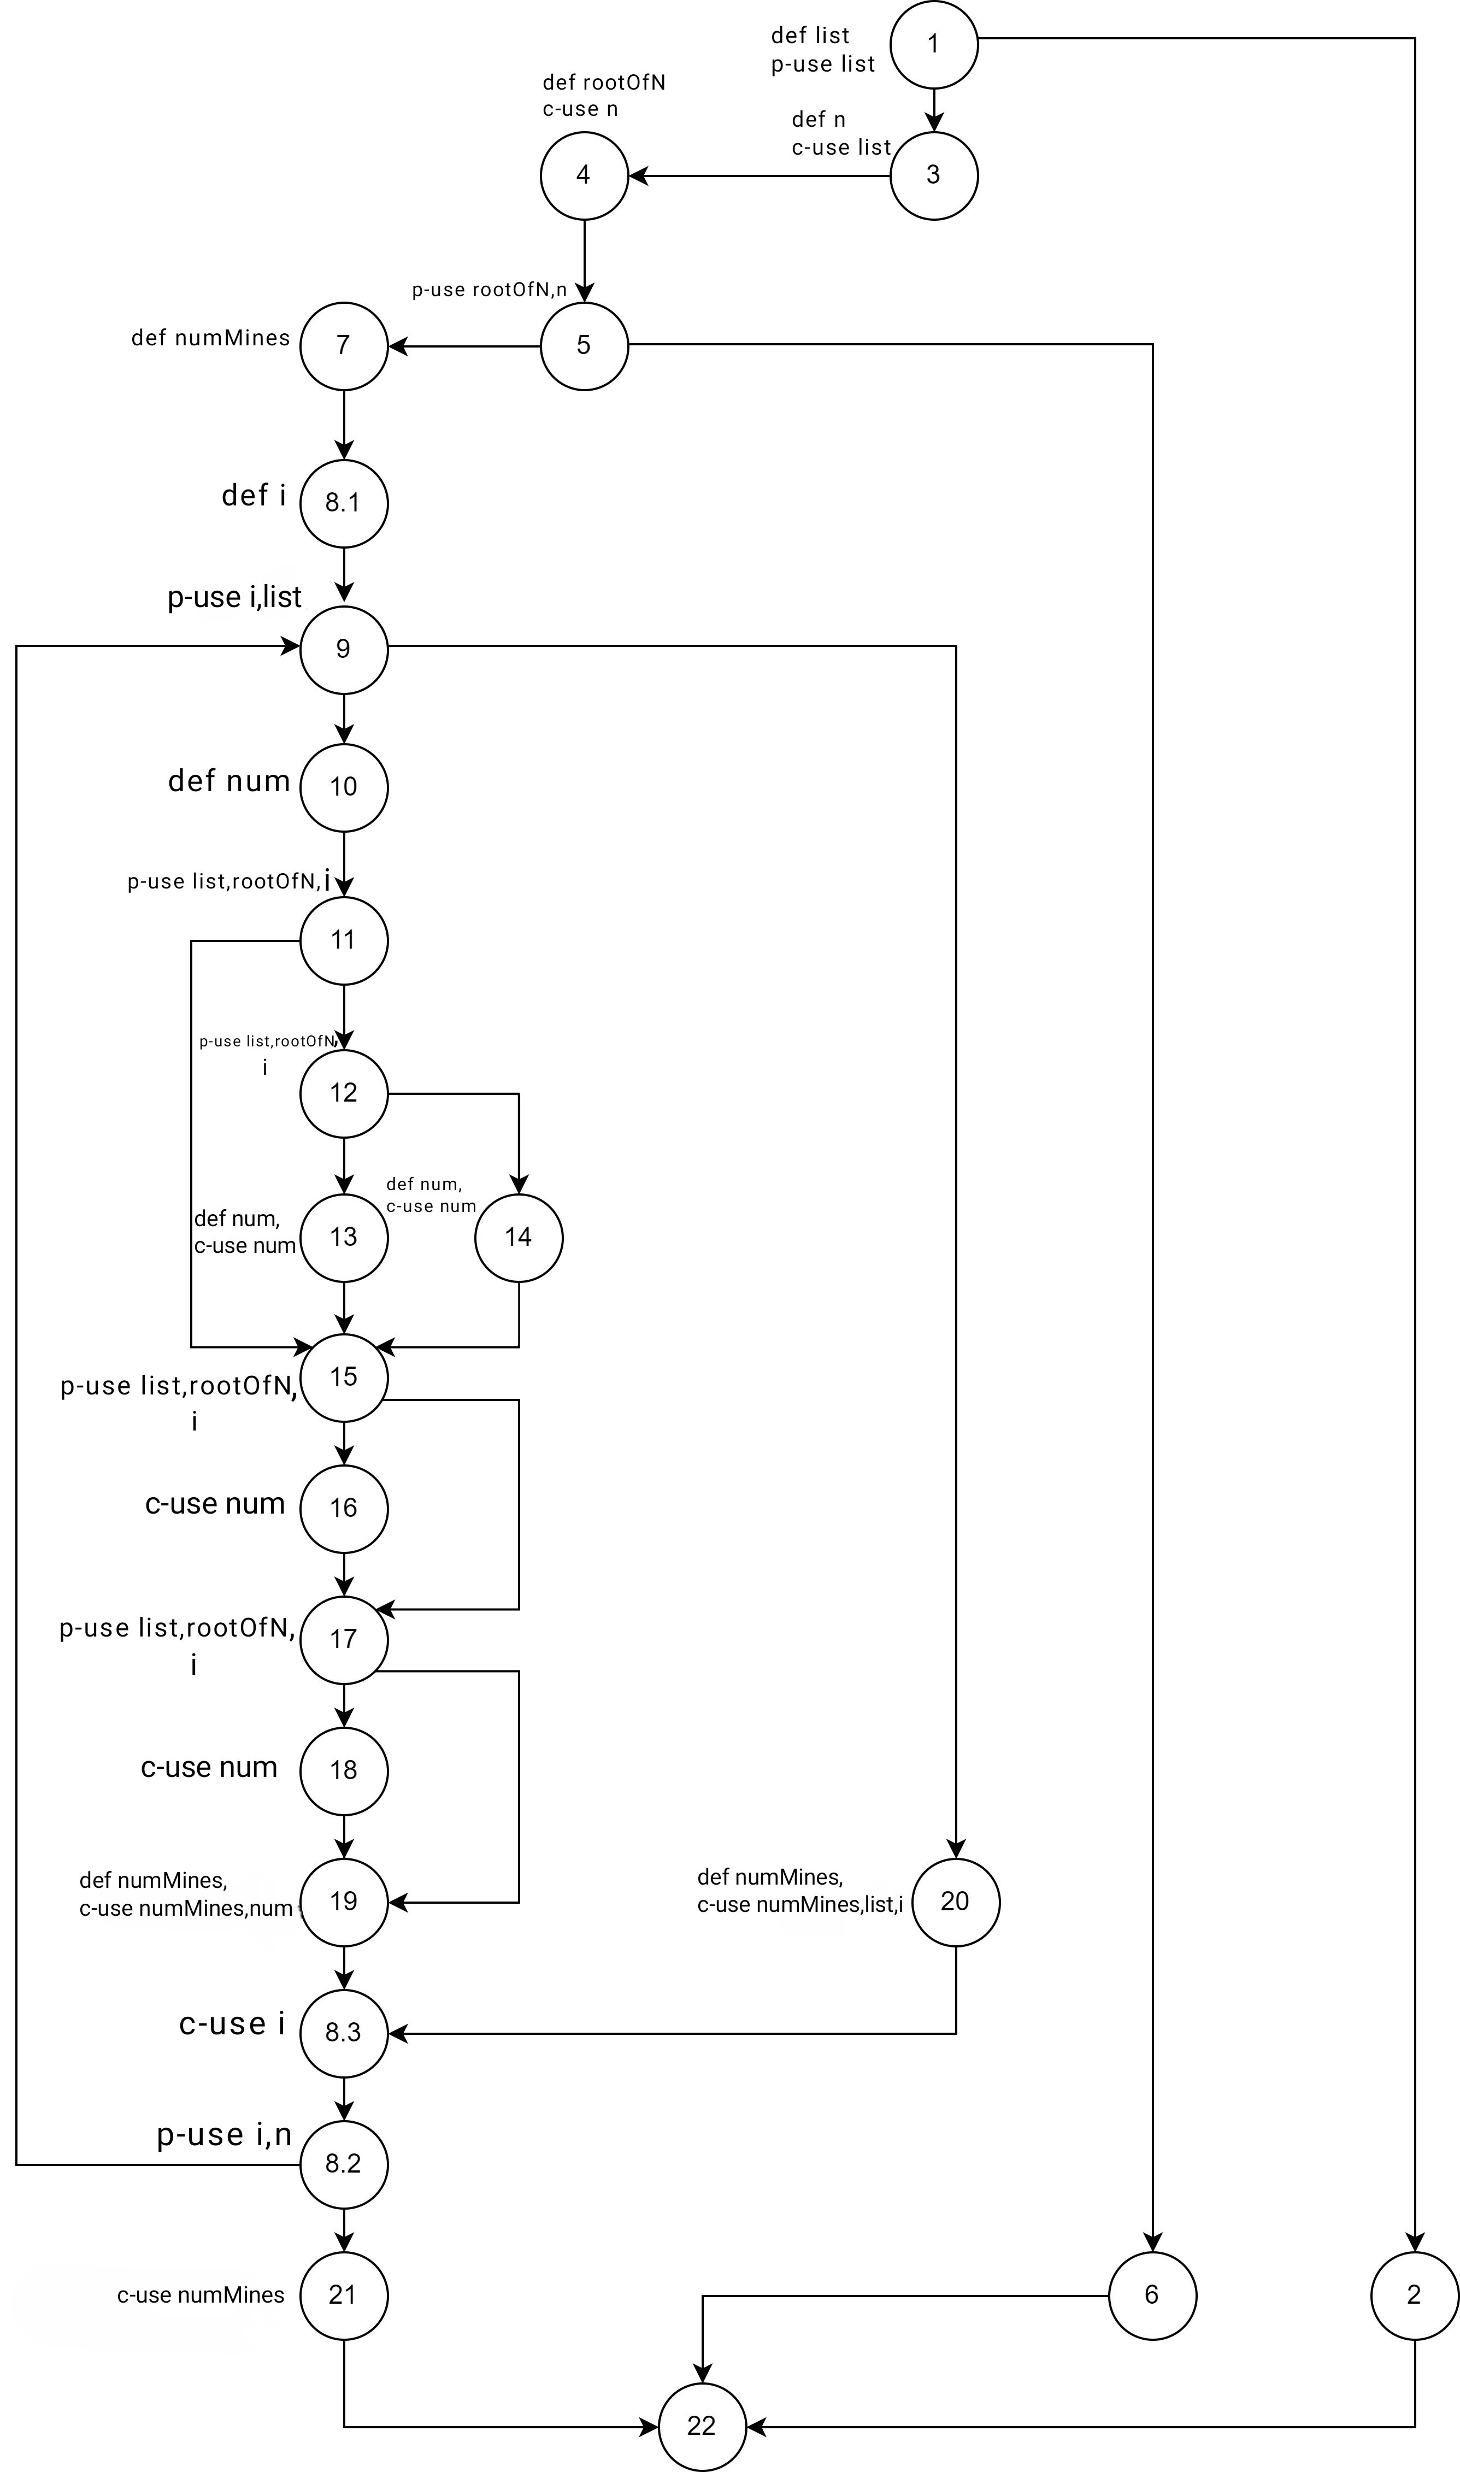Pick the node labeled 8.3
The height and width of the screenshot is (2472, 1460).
point(343,2032)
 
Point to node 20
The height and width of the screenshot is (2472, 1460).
point(955,1902)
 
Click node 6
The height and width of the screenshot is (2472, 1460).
point(1151,2295)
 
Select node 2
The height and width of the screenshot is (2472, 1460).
point(1414,2295)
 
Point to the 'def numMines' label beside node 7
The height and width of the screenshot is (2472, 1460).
point(210,338)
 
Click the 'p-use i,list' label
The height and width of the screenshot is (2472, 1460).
point(234,597)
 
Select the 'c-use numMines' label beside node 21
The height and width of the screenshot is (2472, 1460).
point(201,2295)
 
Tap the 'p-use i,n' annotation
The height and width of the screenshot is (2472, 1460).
point(225,2135)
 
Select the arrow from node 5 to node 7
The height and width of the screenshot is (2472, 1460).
point(464,346)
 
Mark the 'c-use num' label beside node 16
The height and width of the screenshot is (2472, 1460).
point(215,1504)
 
